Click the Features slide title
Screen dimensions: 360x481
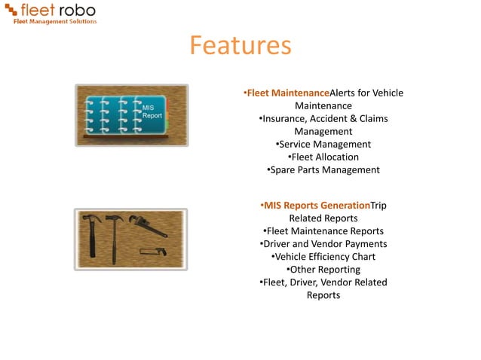coord(240,46)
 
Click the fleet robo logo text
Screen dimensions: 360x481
coord(57,10)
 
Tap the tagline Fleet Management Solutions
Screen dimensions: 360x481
coord(56,21)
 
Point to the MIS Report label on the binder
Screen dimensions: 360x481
coord(152,112)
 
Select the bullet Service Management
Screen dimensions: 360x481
coord(323,144)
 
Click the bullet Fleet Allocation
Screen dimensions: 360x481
coord(323,157)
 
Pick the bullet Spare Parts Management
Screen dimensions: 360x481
coord(323,169)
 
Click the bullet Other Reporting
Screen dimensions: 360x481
coord(323,270)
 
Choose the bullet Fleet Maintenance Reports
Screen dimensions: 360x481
coord(323,231)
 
